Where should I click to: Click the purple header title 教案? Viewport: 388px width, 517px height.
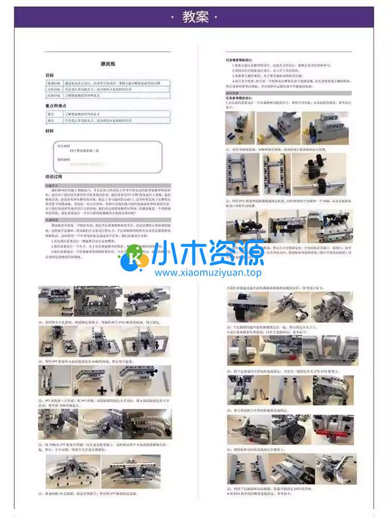196,17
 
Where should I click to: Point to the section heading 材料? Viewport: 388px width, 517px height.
50,131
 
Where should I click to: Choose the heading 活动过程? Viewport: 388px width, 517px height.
54,176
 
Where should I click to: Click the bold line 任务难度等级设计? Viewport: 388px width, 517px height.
242,59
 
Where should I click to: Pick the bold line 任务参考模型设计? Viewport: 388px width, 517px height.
242,98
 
